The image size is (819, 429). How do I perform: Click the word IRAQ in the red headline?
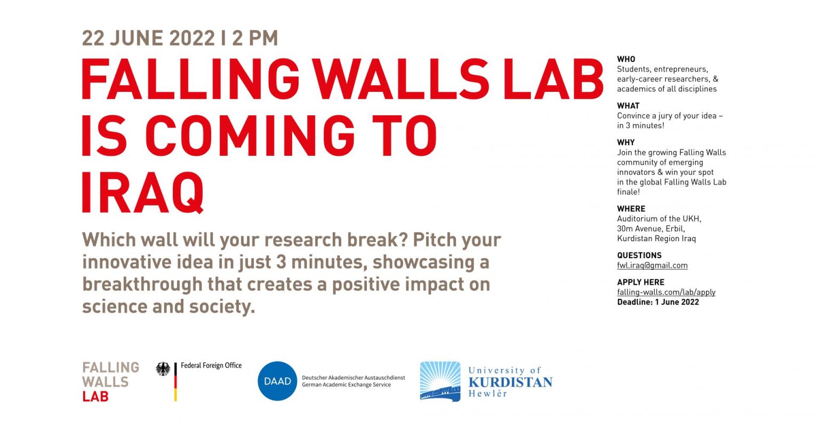142,193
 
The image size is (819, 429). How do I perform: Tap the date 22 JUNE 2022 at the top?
148,38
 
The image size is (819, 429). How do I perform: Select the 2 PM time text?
255,38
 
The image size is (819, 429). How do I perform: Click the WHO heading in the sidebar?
626,59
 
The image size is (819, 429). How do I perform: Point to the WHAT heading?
628,106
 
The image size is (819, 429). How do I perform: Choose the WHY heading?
625,142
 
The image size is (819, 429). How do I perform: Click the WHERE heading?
631,209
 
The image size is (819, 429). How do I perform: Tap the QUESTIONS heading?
639,256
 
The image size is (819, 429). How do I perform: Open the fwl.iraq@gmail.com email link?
652,265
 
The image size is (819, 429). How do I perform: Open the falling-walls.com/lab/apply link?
666,292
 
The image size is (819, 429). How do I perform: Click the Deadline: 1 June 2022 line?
658,302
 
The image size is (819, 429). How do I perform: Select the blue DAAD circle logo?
277,381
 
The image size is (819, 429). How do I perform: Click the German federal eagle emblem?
163,369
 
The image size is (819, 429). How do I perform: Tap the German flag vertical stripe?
175,382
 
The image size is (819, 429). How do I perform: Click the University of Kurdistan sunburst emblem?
440,382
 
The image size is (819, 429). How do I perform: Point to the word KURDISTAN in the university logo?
510,383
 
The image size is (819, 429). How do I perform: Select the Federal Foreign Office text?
211,366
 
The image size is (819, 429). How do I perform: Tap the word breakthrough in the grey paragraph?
142,284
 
